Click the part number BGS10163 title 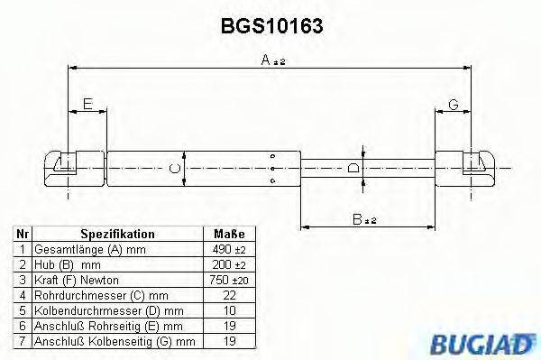[x=271, y=26]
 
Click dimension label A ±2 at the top [x=272, y=60]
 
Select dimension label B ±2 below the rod [x=364, y=217]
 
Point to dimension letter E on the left [x=87, y=106]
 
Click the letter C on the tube [x=175, y=165]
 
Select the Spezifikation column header [x=117, y=233]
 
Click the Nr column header [x=21, y=233]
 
